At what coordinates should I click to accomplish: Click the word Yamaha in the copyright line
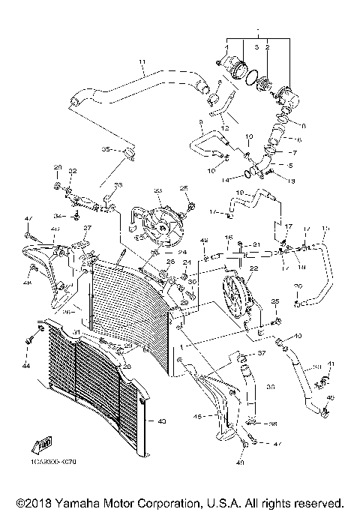click(83, 502)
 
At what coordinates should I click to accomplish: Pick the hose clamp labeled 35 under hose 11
click(128, 154)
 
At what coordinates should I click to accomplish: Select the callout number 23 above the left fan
click(157, 192)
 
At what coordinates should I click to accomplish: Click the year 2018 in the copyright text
click(31, 502)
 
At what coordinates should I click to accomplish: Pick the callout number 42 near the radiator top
click(203, 241)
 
